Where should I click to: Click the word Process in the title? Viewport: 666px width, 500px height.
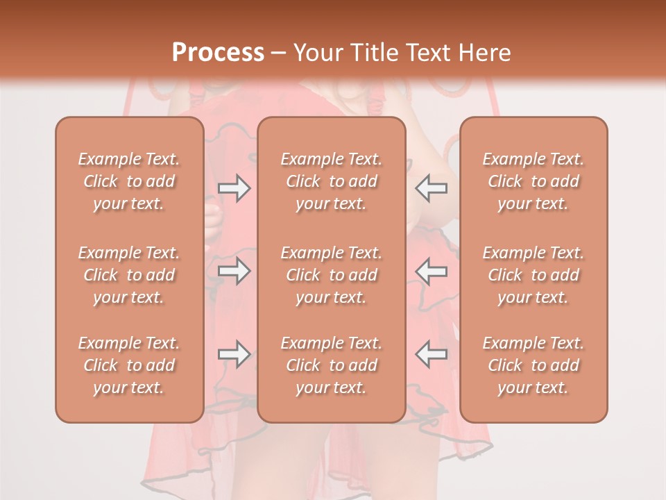click(218, 53)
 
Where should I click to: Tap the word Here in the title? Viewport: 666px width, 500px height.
click(485, 53)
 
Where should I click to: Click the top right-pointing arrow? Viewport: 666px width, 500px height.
click(234, 188)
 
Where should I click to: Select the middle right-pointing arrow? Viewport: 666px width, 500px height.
click(234, 271)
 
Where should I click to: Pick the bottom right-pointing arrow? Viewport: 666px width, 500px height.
click(234, 354)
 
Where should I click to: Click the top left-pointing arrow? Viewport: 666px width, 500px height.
click(432, 188)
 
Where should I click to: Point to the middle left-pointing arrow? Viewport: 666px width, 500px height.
click(432, 271)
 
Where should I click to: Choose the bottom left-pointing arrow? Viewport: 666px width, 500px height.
click(432, 354)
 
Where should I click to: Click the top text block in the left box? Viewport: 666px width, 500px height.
click(129, 181)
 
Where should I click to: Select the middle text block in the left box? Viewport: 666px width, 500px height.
click(129, 275)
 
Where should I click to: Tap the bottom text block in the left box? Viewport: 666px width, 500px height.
click(129, 365)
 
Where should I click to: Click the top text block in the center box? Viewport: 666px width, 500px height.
click(331, 181)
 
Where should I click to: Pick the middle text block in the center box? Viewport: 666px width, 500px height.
click(331, 275)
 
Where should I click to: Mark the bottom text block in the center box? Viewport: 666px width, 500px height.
click(331, 365)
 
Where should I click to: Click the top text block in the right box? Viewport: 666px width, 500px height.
click(533, 181)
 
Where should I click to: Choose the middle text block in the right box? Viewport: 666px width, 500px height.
click(533, 275)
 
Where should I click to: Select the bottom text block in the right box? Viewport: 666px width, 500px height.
click(533, 365)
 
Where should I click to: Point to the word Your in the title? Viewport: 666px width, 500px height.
click(318, 53)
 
